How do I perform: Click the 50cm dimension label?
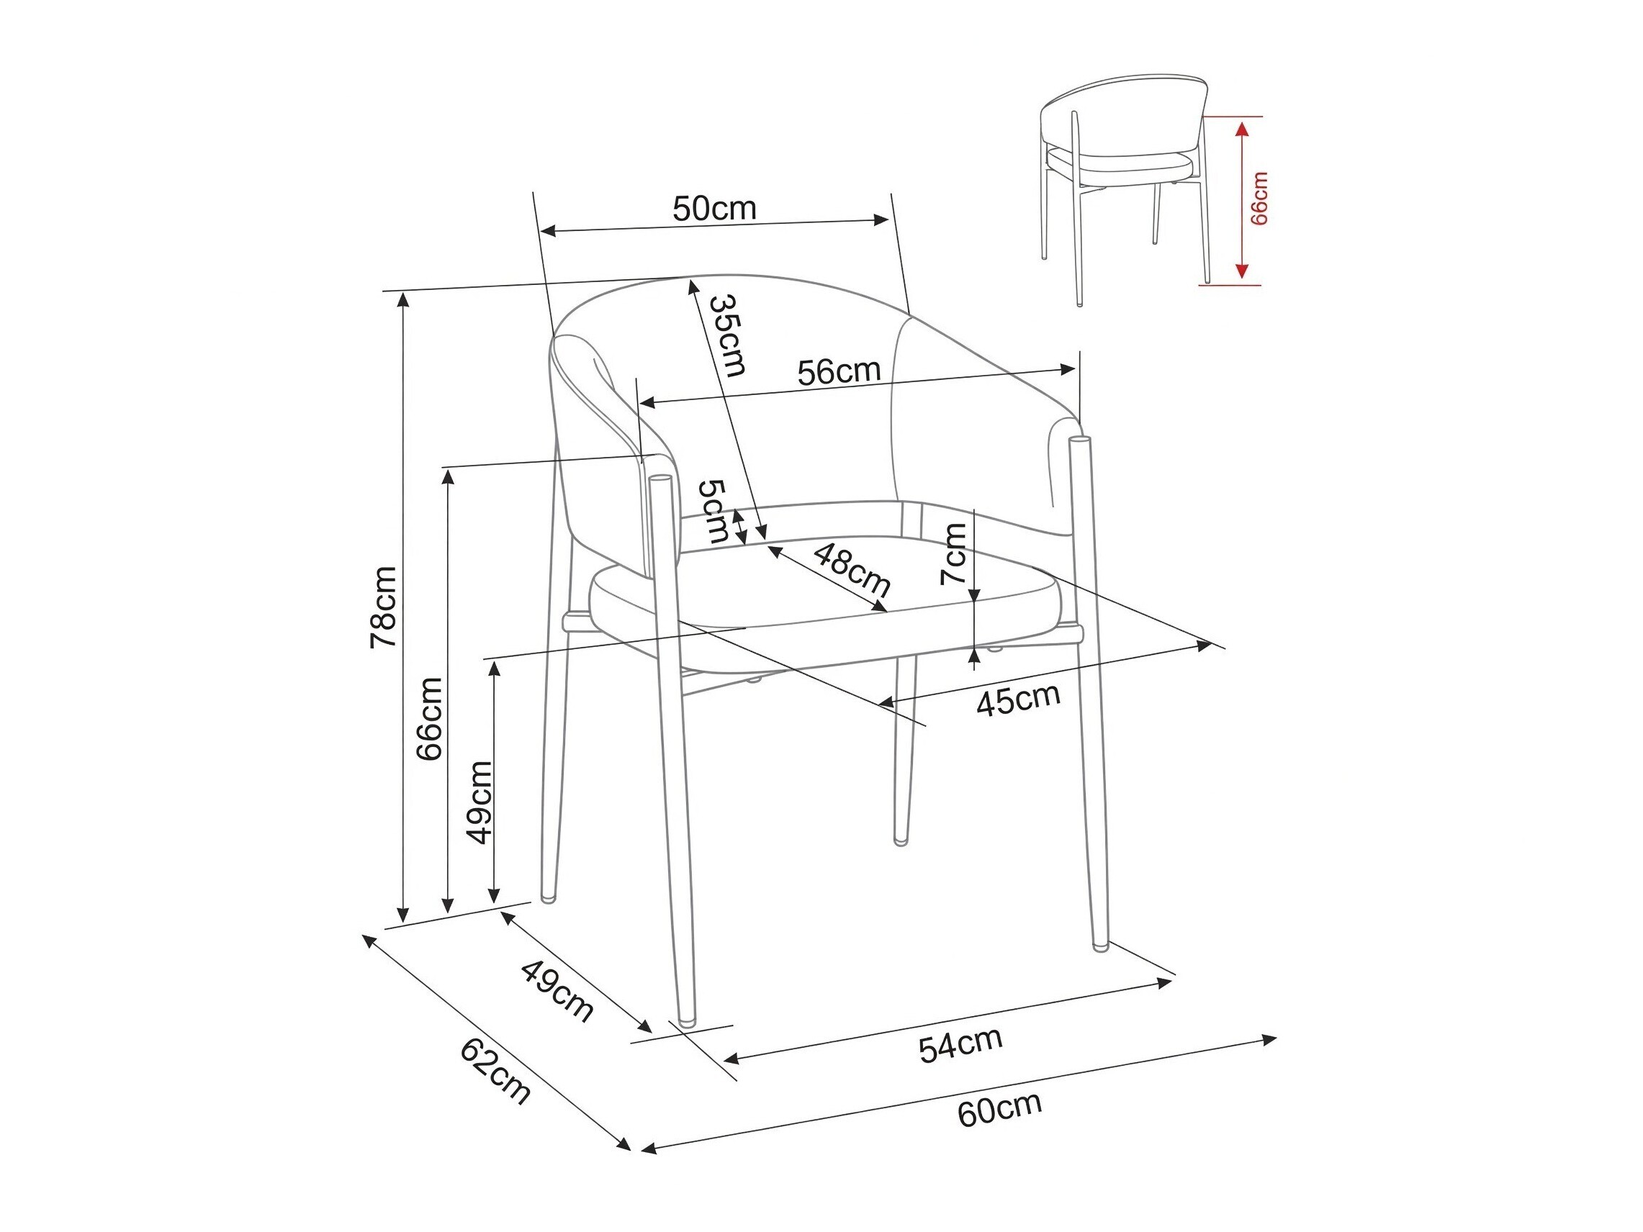pyautogui.click(x=714, y=209)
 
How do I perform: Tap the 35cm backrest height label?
pyautogui.click(x=727, y=335)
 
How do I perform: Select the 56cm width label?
pyautogui.click(x=839, y=371)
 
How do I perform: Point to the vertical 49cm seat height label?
pyautogui.click(x=478, y=803)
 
